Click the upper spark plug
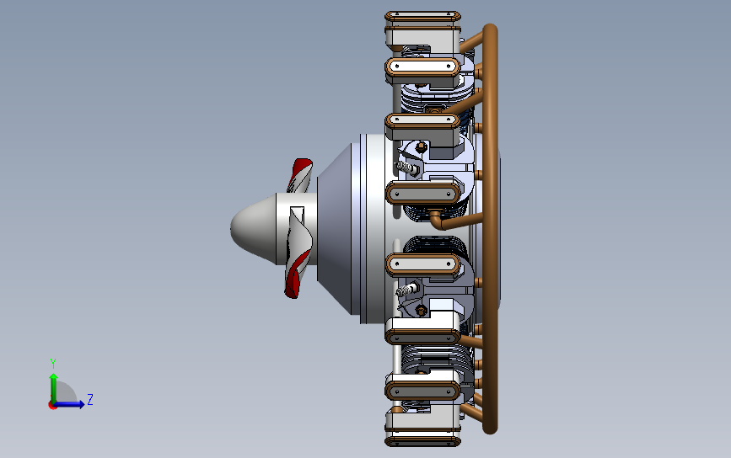[x=406, y=168]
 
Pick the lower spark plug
[x=406, y=290]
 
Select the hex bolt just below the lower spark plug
[x=420, y=311]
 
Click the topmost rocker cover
[x=423, y=17]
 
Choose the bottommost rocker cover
[x=423, y=438]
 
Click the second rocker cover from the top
[x=423, y=66]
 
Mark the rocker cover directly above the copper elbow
[x=423, y=193]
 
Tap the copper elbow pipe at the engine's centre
[x=438, y=221]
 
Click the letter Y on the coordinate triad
[x=53, y=363]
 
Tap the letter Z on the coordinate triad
[x=90, y=400]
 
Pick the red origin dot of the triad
[x=53, y=405]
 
